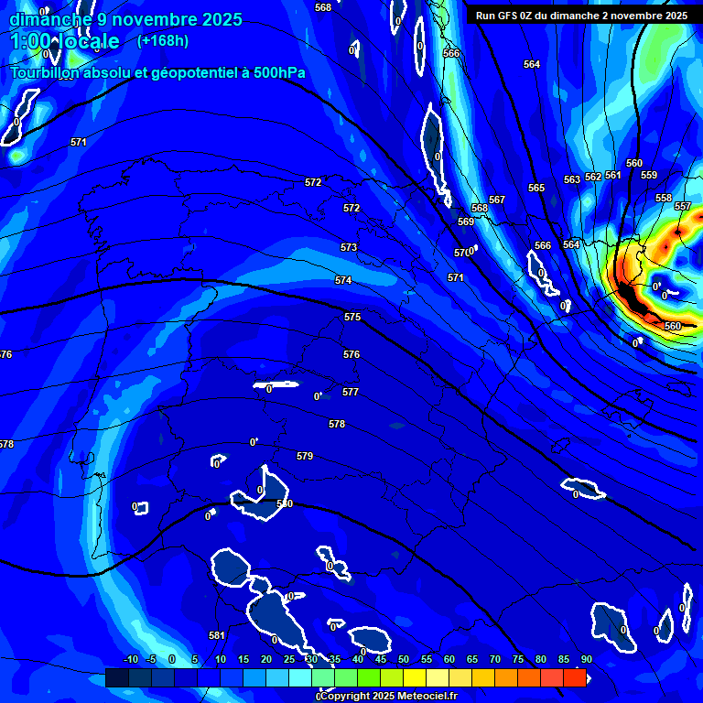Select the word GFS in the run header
pyautogui.click(x=510, y=16)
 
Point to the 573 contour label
pyautogui.click(x=349, y=248)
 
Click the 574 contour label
pyautogui.click(x=343, y=280)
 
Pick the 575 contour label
pyautogui.click(x=352, y=317)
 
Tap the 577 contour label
pyautogui.click(x=351, y=392)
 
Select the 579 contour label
pyautogui.click(x=305, y=456)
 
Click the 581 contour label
pyautogui.click(x=217, y=635)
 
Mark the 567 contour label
pyautogui.click(x=497, y=200)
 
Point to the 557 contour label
pyautogui.click(x=683, y=206)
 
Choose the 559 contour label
pyautogui.click(x=649, y=175)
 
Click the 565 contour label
pyautogui.click(x=536, y=188)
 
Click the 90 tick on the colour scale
pyautogui.click(x=586, y=659)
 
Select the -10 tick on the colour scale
pyautogui.click(x=130, y=659)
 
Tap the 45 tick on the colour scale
pyautogui.click(x=381, y=659)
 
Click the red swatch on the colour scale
pyautogui.click(x=575, y=677)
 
